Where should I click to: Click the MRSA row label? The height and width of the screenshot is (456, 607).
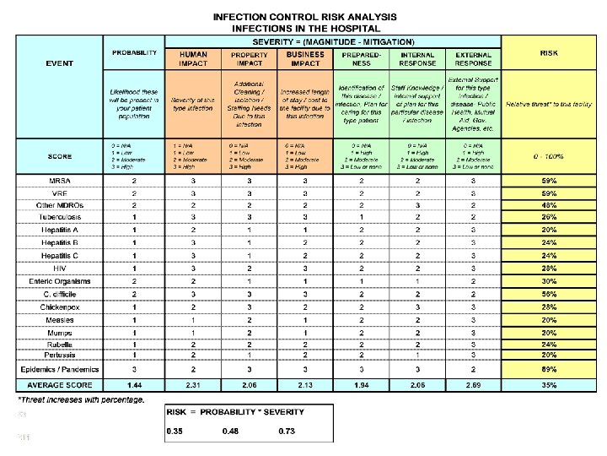(x=59, y=181)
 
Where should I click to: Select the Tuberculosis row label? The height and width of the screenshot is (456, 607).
(x=59, y=217)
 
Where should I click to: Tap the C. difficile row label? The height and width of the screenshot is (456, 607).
(x=59, y=294)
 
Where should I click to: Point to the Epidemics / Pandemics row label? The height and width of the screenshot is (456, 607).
(x=59, y=369)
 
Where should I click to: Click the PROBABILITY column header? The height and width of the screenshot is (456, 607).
(x=134, y=53)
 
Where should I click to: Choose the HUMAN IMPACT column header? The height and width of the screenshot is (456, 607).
(x=193, y=57)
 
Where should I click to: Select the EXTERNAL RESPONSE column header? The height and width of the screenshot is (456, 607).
(x=473, y=57)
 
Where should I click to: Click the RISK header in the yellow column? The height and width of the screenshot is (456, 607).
(x=549, y=53)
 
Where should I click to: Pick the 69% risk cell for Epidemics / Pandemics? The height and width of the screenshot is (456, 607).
(x=549, y=369)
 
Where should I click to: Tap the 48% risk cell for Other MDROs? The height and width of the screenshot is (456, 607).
(x=549, y=204)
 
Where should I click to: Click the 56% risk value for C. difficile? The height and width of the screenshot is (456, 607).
(x=549, y=294)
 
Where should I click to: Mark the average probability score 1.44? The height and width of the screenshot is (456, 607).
(x=134, y=384)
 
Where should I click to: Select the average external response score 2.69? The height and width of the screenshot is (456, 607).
(x=473, y=384)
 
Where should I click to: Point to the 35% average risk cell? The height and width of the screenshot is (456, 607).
(x=549, y=384)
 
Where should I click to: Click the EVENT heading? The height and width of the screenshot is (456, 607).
(x=59, y=63)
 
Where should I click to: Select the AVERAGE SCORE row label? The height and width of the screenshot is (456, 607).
(x=59, y=384)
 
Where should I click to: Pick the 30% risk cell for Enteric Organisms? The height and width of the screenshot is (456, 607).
(x=549, y=281)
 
